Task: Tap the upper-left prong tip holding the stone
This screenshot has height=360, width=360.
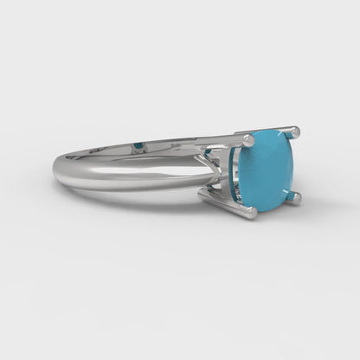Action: coord(248,139)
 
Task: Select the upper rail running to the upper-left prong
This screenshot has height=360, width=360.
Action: coord(208,139)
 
